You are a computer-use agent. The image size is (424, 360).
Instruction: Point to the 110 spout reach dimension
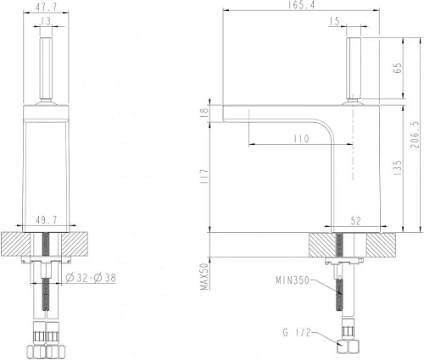point(295,137)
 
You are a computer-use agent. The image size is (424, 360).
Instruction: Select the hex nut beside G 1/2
point(346,346)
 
